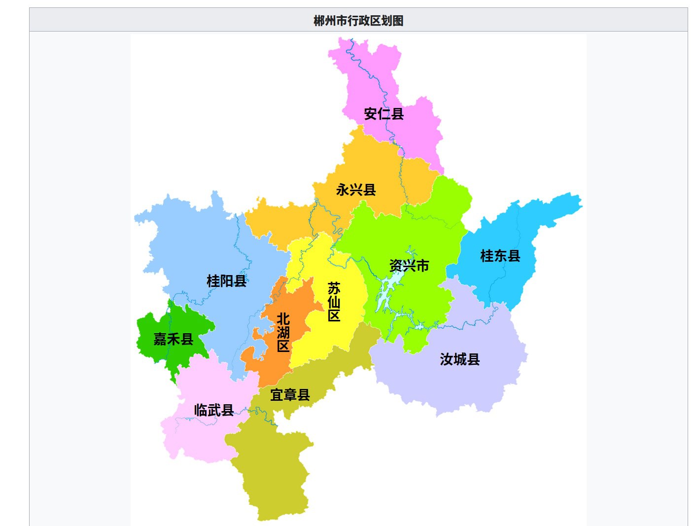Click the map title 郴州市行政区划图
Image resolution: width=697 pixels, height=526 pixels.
358,21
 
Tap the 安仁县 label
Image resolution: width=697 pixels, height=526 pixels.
384,114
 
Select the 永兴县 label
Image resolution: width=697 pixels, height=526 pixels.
356,190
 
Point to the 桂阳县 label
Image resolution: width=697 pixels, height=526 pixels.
226,281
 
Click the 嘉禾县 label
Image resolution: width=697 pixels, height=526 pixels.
173,339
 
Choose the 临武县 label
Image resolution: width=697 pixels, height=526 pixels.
214,410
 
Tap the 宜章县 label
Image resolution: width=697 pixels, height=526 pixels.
290,395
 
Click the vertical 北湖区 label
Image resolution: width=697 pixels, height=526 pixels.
283,332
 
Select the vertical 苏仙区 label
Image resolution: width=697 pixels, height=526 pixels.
334,302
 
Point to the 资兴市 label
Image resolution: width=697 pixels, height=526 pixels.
409,266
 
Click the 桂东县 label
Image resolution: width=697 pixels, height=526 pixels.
500,256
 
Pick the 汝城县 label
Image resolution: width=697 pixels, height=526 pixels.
460,359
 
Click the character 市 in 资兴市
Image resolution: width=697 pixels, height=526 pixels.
422,266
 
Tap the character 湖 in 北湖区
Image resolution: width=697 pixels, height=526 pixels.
283,332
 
